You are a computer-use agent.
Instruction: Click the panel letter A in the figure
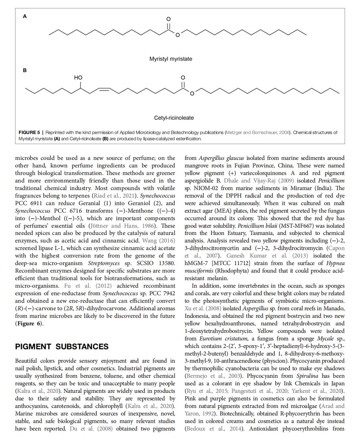point(25,16)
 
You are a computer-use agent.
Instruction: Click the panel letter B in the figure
point(25,70)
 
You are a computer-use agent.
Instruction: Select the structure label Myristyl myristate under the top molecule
point(171,59)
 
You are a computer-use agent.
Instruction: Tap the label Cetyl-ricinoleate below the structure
point(174,118)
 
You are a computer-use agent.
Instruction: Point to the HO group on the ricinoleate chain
point(78,78)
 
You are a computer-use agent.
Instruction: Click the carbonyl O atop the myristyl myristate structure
point(169,19)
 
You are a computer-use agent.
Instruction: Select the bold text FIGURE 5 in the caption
point(29,132)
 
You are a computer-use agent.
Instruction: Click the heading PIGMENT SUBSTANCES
point(62,347)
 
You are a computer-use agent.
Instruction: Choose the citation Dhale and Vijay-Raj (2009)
point(259,181)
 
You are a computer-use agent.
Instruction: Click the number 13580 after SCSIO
point(167,263)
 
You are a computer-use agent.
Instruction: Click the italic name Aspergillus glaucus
point(221,158)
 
